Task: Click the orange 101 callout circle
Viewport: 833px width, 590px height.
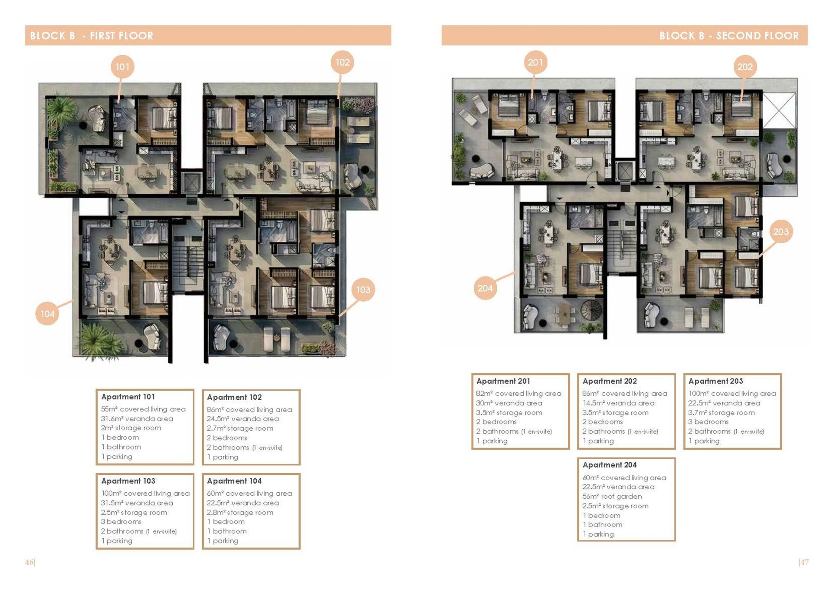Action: point(122,67)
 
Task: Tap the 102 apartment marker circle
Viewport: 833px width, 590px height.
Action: point(343,63)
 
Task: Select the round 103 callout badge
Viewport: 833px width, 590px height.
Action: point(363,290)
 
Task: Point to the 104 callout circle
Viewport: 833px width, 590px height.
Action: point(47,314)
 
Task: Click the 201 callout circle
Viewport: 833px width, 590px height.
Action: point(535,63)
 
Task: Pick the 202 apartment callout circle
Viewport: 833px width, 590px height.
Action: point(745,67)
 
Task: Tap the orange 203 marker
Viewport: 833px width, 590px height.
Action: point(781,232)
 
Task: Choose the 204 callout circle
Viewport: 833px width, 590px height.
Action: point(485,288)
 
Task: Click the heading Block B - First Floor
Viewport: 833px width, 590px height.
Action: point(92,36)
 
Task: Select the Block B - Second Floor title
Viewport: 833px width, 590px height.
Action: point(729,36)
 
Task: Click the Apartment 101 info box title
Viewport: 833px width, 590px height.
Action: point(128,397)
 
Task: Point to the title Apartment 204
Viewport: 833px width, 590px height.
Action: point(610,465)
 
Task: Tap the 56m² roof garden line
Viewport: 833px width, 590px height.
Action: point(612,496)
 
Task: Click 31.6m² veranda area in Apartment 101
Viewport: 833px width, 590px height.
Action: point(137,419)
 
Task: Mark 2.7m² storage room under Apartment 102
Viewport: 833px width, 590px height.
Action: point(240,428)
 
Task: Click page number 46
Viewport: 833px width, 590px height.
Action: point(29,562)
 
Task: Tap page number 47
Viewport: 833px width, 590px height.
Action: point(804,562)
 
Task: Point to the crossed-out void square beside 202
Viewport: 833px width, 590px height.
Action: point(780,110)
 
